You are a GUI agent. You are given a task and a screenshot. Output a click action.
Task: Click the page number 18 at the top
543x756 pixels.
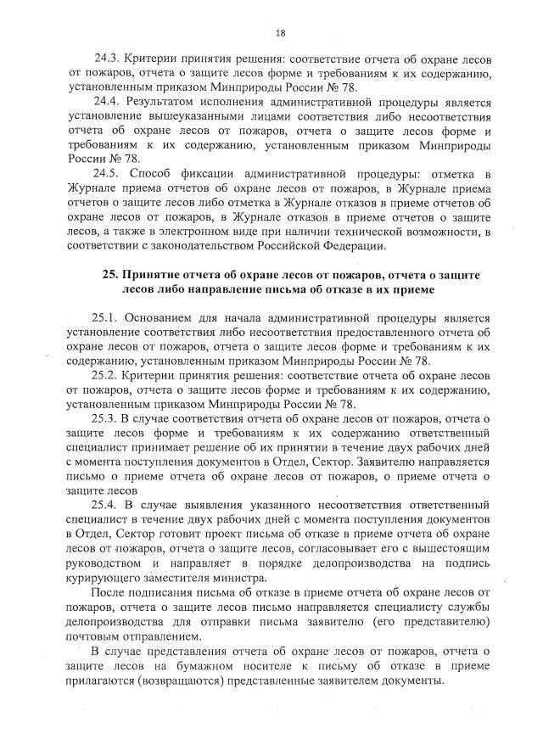[279, 33]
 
